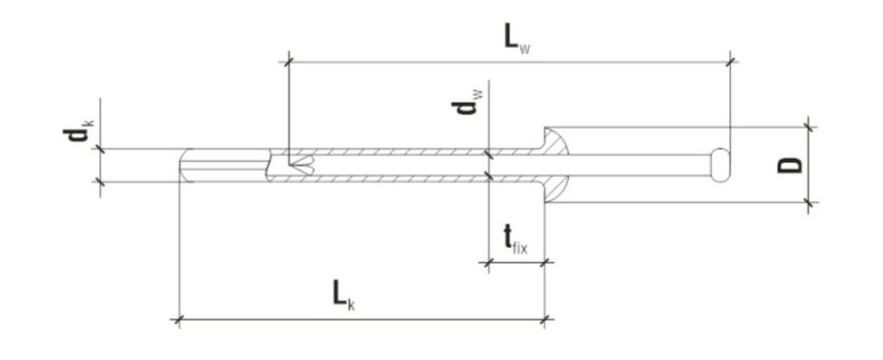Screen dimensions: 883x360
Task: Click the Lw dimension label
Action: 516,39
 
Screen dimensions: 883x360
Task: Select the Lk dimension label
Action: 343,296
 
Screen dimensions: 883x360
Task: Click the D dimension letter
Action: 790,165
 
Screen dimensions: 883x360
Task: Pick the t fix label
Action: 515,240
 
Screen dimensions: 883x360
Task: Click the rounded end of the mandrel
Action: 720,165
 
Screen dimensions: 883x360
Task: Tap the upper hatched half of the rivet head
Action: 554,142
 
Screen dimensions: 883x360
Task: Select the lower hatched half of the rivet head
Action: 554,188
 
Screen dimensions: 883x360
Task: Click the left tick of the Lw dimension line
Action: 287,61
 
